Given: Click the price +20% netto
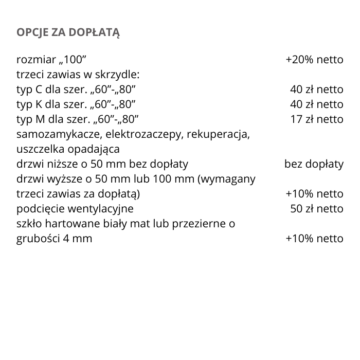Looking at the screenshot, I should pos(314,60).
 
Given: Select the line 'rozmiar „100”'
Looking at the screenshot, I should pos(55,60).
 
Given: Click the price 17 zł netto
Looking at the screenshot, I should pos(317,119).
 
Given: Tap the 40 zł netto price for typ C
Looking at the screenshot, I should pos(317,89).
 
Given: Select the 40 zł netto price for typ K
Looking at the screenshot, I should pos(317,104).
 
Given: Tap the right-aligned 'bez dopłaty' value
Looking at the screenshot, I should pos(314,165).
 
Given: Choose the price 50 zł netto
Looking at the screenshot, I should pos(317,209).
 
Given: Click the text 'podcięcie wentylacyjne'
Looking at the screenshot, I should pos(75,209).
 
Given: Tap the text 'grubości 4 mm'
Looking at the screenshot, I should pos(55,239).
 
